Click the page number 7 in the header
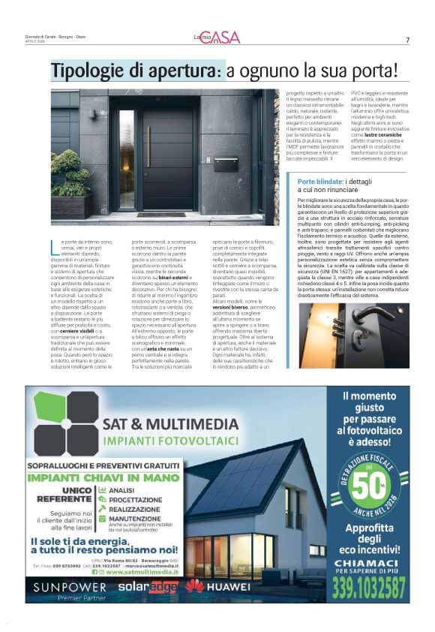click(x=407, y=41)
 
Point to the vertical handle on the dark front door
click(x=148, y=147)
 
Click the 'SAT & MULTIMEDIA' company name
click(x=171, y=423)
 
